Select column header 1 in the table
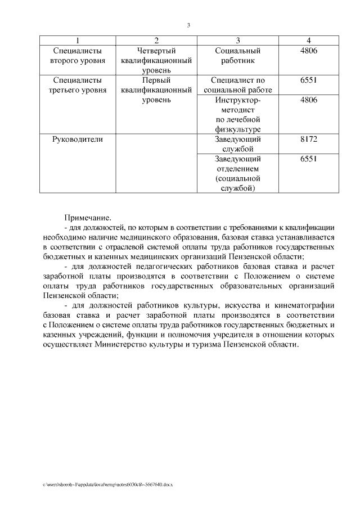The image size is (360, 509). coord(77,40)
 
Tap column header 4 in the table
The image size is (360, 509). coord(309,40)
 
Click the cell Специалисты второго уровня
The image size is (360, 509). coord(77,56)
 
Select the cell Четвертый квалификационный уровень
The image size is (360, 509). coord(157,61)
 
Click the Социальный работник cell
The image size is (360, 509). coord(238,56)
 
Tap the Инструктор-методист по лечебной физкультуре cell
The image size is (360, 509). coord(238,115)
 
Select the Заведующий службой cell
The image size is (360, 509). coord(238,143)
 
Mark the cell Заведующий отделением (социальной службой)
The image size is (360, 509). coord(238,173)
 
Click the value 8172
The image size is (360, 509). coord(309,138)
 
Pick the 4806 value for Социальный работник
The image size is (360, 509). coord(309,51)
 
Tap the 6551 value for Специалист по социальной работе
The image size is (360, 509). coord(309,80)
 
